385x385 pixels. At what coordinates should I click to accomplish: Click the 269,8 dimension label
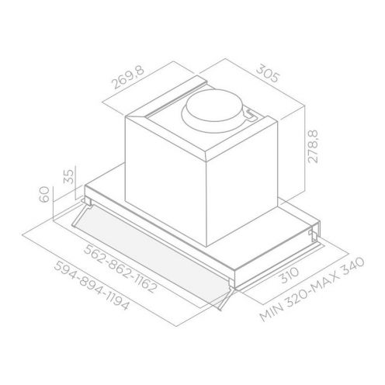(128, 78)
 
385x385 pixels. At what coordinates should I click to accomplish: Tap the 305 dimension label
(268, 74)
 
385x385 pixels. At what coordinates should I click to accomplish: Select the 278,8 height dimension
(314, 146)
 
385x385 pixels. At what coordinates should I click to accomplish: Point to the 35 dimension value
(69, 176)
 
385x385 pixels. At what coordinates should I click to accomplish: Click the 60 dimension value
(44, 194)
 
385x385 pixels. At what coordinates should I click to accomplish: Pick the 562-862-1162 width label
(121, 269)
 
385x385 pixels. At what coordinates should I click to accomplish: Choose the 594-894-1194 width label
(92, 286)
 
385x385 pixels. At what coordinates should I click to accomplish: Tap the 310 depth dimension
(290, 275)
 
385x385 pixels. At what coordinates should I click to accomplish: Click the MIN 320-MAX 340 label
(312, 289)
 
